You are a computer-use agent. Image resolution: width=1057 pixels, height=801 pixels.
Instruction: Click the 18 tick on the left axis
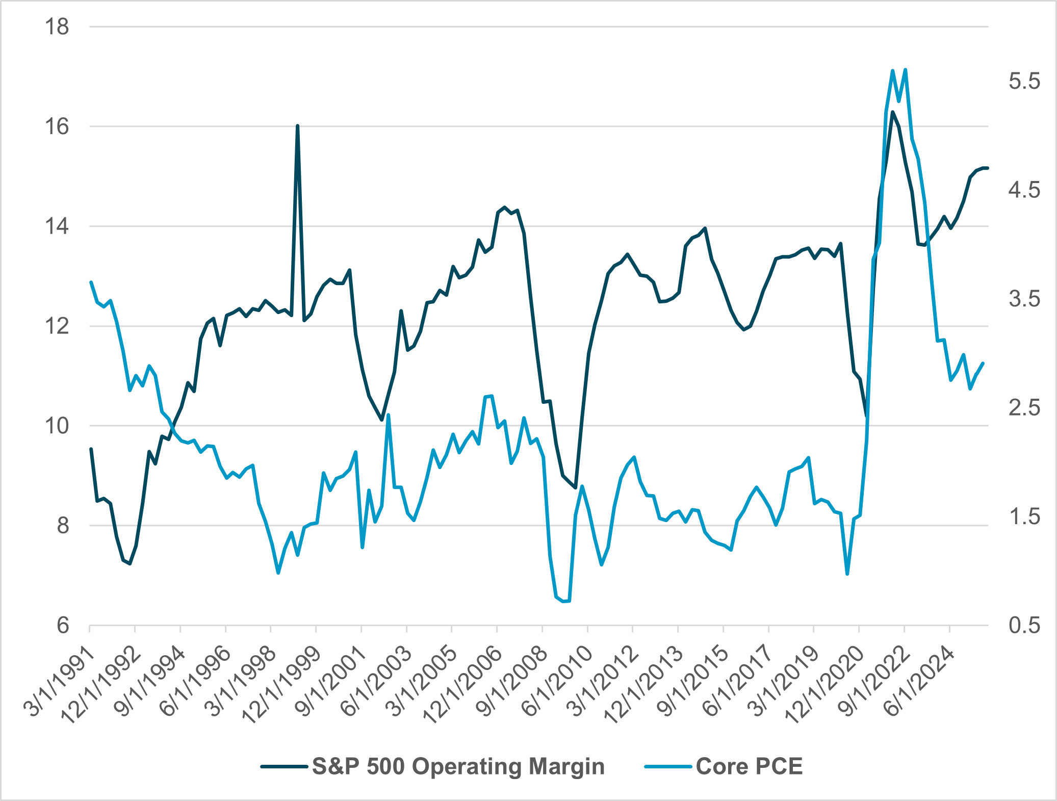click(57, 27)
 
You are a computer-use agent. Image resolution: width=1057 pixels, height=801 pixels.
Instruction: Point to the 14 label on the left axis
click(57, 226)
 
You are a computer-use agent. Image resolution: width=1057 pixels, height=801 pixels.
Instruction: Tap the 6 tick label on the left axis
click(63, 625)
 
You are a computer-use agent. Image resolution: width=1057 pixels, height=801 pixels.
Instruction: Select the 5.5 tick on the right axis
click(1024, 81)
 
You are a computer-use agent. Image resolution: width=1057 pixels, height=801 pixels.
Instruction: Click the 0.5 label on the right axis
click(1024, 625)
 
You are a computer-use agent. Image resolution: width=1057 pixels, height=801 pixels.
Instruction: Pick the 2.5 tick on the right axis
click(1024, 408)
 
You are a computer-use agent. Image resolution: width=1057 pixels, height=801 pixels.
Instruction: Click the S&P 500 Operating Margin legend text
click(458, 766)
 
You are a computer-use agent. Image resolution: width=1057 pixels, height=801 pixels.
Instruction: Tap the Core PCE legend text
click(749, 766)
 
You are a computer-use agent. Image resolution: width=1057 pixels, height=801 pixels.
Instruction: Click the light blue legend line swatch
click(667, 766)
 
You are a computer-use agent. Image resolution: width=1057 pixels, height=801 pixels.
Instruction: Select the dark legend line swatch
click(284, 766)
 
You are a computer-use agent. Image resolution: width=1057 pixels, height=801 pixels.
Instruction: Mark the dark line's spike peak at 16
click(297, 126)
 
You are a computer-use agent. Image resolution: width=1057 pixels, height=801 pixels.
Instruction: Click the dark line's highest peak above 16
click(892, 112)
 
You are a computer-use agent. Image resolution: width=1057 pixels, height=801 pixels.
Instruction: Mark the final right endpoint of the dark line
click(988, 168)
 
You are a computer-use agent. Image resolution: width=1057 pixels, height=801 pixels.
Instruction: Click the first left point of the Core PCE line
click(91, 282)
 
